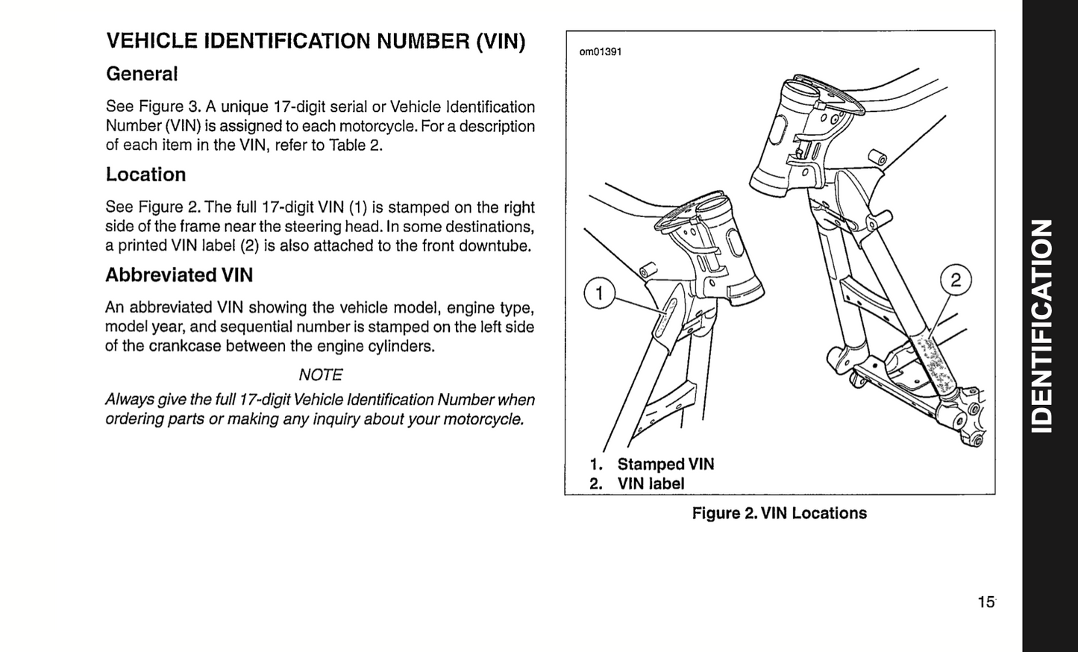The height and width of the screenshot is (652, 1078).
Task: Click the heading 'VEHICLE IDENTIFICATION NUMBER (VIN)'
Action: (x=316, y=40)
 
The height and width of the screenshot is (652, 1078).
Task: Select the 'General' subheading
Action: (x=142, y=74)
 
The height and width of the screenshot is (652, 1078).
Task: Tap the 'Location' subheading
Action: (x=145, y=175)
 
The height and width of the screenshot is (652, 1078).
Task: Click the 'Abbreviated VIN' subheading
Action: (x=179, y=275)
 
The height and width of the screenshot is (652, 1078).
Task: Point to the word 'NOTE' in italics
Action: (x=320, y=374)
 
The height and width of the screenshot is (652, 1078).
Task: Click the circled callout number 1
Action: (x=598, y=293)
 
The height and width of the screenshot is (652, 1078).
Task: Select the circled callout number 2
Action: (x=956, y=280)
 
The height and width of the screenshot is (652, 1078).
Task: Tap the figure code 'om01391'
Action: (x=601, y=51)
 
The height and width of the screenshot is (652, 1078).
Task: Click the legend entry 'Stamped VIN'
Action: (x=665, y=464)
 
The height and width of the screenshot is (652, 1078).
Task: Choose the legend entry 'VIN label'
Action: (x=651, y=483)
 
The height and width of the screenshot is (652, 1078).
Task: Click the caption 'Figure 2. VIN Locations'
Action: (x=779, y=513)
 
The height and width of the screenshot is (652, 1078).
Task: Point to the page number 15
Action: (x=985, y=602)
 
